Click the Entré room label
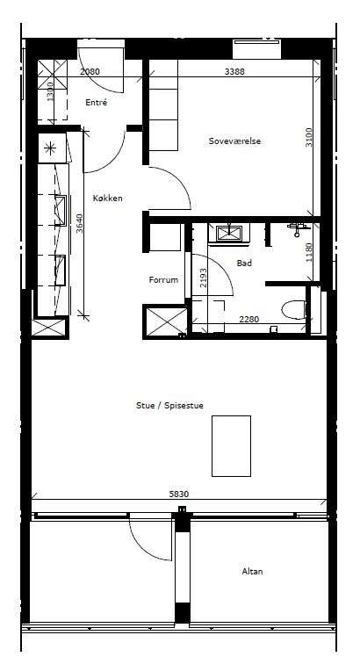pyautogui.click(x=96, y=103)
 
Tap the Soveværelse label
pyautogui.click(x=234, y=141)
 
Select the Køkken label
pyautogui.click(x=108, y=198)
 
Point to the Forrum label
pyautogui.click(x=163, y=279)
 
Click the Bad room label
pyautogui.click(x=244, y=263)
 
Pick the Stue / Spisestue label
pyautogui.click(x=169, y=405)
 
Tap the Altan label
pyautogui.click(x=252, y=571)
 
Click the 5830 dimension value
pyautogui.click(x=179, y=494)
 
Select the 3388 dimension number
pyautogui.click(x=234, y=71)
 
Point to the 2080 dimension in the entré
pyautogui.click(x=90, y=71)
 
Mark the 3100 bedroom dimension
pyautogui.click(x=309, y=137)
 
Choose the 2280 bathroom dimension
pyautogui.click(x=249, y=320)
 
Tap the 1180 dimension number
pyautogui.click(x=309, y=252)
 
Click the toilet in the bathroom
pyautogui.click(x=294, y=309)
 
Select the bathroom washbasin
pyautogui.click(x=228, y=233)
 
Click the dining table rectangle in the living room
pyautogui.click(x=231, y=446)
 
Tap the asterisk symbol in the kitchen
pyautogui.click(x=50, y=148)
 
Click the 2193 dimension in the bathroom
pyautogui.click(x=204, y=278)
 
